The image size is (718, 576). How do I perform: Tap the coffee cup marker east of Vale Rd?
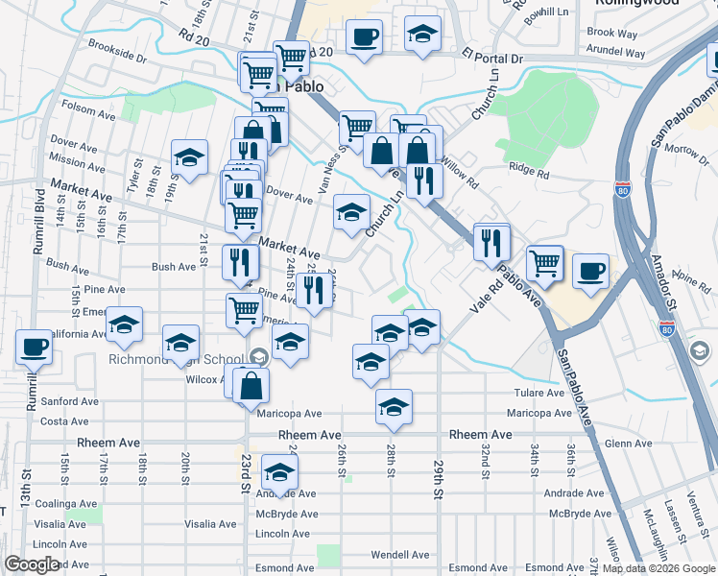591,270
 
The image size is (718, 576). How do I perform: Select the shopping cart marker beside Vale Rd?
545,262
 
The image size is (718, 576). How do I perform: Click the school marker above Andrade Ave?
279,473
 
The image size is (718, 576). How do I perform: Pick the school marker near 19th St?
190,158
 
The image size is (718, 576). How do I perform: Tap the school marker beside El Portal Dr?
423,36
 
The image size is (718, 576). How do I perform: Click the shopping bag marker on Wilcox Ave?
251,385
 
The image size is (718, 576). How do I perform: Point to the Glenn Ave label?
630,444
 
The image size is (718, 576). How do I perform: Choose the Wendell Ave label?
400,555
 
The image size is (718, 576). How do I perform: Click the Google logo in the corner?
32,564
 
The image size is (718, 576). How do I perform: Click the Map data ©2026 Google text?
658,568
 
